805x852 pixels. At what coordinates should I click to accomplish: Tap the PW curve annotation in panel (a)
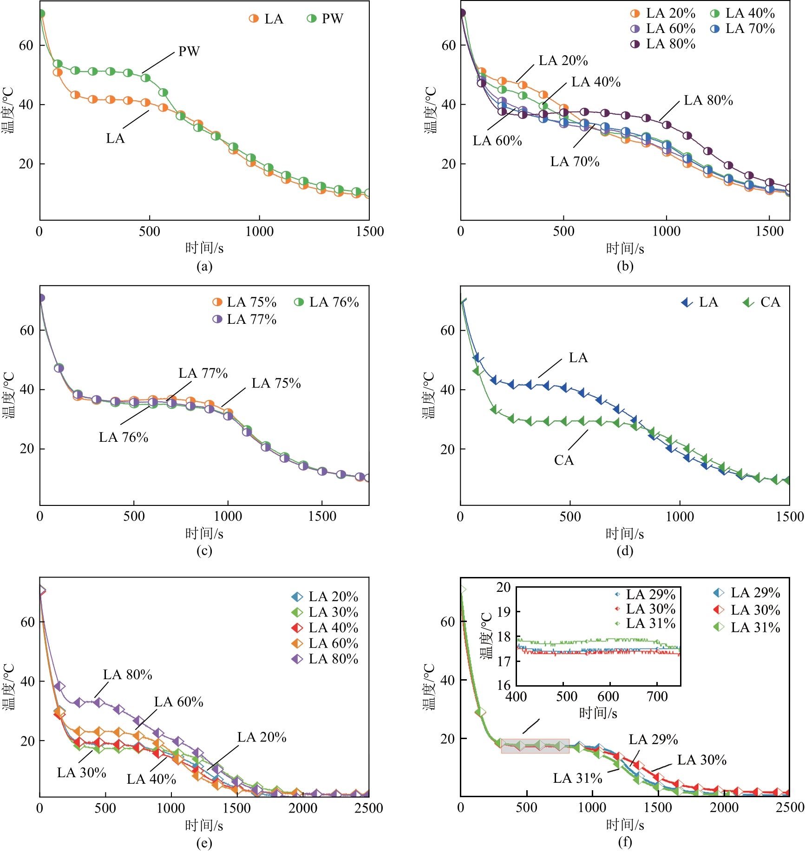tap(189, 51)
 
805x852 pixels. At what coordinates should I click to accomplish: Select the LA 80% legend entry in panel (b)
tap(663, 44)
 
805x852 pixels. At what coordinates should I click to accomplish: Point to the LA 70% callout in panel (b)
tap(575, 162)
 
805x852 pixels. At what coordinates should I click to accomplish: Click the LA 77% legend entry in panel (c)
tap(244, 320)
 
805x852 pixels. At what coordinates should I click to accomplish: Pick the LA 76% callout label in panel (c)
tap(123, 437)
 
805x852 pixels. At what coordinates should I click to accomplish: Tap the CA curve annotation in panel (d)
tap(564, 460)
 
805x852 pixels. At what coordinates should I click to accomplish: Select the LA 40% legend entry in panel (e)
tap(325, 628)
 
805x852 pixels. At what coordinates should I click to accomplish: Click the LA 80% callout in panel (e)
tap(128, 675)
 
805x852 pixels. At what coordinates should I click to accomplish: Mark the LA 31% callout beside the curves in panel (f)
tap(577, 778)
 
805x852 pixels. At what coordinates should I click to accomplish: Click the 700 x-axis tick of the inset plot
tap(657, 696)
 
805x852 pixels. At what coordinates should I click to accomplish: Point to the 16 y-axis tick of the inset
tap(504, 685)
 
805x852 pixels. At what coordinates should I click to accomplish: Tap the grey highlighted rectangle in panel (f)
tap(535, 746)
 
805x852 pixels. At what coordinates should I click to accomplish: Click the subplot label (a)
tap(204, 266)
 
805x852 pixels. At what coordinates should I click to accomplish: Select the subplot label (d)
tap(625, 551)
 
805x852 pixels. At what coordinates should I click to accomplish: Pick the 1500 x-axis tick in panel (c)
tap(322, 517)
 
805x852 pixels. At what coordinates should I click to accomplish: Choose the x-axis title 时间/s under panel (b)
tap(625, 249)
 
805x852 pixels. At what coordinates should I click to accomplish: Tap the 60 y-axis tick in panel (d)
tap(448, 330)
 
